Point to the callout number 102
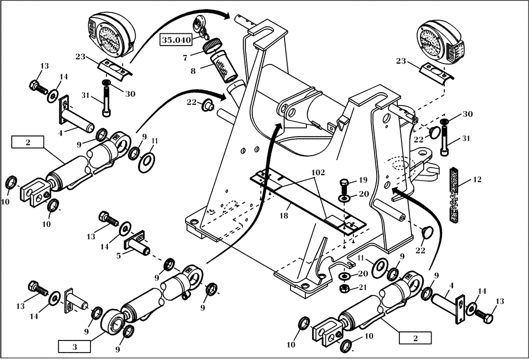pos(318,174)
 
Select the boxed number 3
pos(75,347)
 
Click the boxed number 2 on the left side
pos(28,142)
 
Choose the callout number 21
pos(362,287)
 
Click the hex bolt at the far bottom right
pos(485,317)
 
